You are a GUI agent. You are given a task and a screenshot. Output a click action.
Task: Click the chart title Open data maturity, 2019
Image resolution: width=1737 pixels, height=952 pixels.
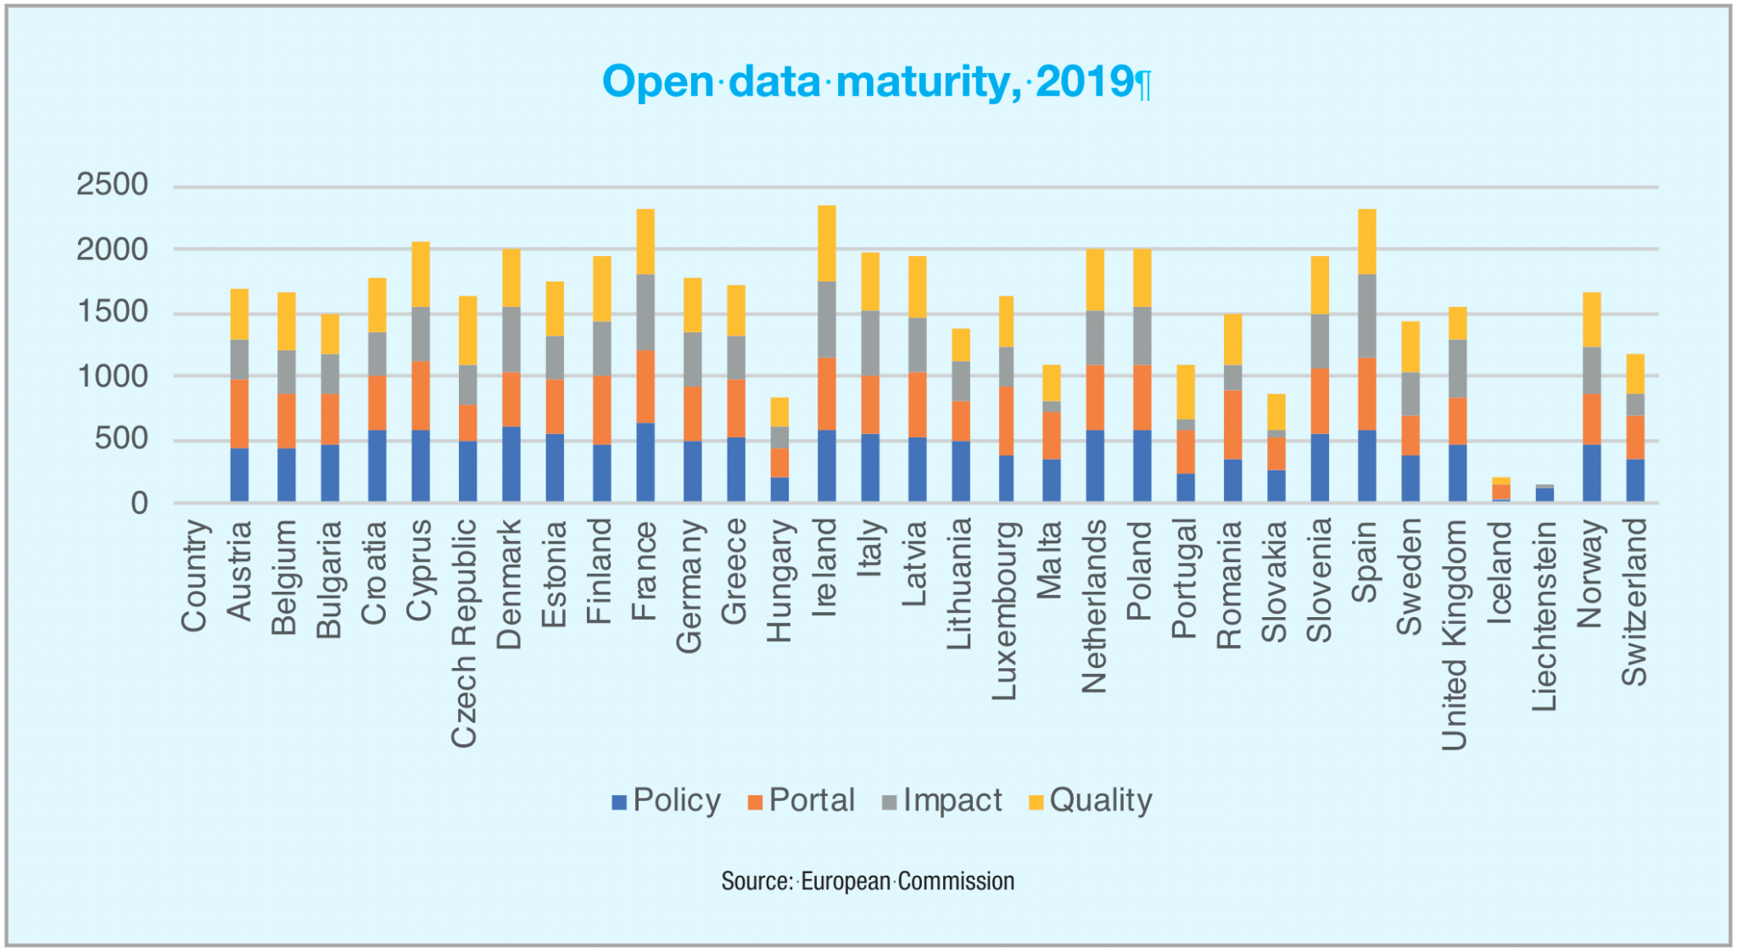pos(876,82)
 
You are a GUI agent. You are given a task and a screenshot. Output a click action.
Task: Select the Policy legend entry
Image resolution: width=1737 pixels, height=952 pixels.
pos(667,800)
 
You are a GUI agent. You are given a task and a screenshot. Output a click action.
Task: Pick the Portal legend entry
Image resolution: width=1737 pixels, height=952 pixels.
pos(801,800)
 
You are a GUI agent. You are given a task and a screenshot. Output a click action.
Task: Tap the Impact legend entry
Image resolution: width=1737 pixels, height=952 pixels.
pos(942,800)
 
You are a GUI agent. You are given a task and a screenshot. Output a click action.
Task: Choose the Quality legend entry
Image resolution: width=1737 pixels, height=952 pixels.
pos(1091,800)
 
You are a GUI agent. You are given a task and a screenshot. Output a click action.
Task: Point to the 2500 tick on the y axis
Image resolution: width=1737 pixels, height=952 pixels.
pos(112,185)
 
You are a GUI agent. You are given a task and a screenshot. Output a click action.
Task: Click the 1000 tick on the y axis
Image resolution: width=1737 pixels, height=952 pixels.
pos(112,376)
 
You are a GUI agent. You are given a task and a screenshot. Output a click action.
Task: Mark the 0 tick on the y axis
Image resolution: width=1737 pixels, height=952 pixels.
pos(139,504)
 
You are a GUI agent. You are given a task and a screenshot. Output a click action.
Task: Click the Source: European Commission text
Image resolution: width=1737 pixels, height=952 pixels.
pos(868,882)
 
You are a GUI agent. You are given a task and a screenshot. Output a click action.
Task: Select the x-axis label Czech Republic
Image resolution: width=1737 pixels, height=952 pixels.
pos(464,633)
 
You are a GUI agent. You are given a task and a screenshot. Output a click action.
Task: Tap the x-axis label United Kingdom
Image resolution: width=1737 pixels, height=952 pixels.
pos(1455,635)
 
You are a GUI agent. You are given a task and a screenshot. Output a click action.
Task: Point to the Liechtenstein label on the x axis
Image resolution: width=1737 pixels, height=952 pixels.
pos(1544,615)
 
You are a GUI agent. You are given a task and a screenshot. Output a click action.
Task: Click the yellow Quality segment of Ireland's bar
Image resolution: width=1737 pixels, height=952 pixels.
pos(827,243)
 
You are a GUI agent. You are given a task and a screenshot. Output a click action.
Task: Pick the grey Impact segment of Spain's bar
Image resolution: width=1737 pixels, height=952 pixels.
pos(1366,315)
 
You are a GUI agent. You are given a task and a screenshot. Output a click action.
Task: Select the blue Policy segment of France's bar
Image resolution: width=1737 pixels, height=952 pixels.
pos(645,463)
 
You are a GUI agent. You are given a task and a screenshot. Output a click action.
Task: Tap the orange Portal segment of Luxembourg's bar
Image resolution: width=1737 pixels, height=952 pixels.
pos(1007,420)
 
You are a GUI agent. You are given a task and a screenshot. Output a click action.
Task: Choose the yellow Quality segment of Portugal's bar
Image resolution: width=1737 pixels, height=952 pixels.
pos(1186,392)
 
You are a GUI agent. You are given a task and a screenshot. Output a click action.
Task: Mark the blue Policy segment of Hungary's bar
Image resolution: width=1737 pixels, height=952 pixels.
pos(779,490)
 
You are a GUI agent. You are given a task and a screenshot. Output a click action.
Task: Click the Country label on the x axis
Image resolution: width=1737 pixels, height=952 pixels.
pos(193,576)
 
